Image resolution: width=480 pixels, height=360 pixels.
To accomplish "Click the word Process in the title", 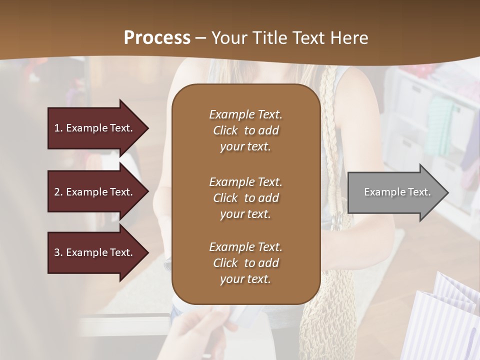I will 157,37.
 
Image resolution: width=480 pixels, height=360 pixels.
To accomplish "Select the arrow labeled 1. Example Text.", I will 95,128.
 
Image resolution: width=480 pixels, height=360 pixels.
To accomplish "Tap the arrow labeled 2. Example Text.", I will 95,192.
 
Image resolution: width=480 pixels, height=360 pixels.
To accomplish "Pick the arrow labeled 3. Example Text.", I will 95,252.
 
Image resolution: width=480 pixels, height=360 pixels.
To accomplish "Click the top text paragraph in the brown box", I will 245,130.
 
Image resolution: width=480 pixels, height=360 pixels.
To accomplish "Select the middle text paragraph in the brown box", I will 245,198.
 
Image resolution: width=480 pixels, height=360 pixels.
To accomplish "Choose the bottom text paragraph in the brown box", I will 245,263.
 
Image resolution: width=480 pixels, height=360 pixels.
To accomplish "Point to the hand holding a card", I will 200,332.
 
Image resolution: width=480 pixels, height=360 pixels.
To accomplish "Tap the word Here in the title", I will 350,37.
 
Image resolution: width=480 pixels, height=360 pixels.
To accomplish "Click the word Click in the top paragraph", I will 225,130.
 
